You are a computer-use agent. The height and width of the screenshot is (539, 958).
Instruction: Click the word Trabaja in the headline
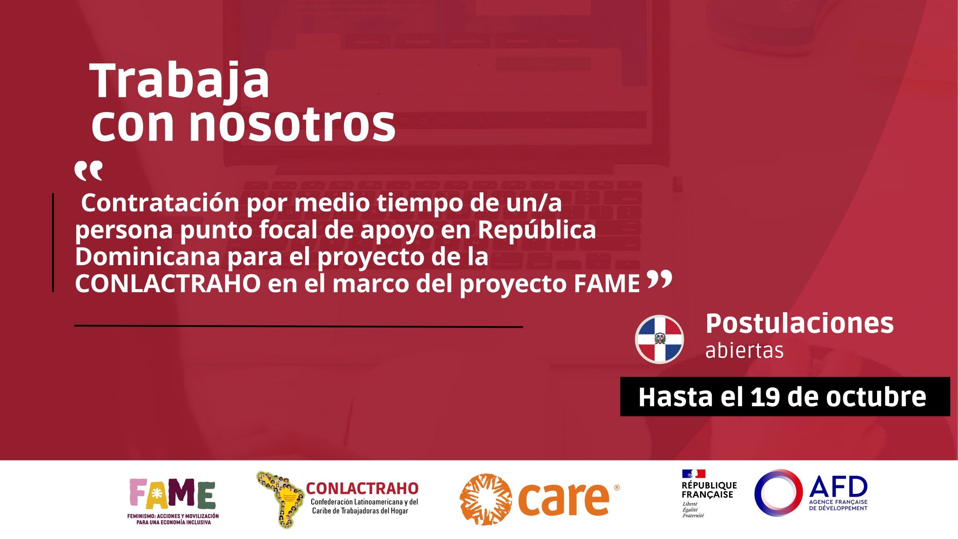pos(180,82)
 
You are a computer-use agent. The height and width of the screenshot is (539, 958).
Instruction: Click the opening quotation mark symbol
pos(88,171)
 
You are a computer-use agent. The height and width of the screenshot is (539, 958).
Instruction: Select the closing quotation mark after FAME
pos(659,280)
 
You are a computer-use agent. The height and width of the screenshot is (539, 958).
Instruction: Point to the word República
pos(537,230)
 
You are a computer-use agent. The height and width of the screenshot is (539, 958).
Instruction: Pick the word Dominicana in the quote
pos(147,257)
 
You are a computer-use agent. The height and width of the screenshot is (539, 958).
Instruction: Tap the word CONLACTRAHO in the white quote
pos(168,284)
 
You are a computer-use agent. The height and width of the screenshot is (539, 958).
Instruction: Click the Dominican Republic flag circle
pos(659,339)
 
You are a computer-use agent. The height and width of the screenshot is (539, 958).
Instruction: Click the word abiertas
pos(744,350)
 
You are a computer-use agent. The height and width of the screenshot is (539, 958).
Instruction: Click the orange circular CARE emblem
pos(485,499)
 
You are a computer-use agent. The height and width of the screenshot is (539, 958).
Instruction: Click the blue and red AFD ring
pos(778,493)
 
